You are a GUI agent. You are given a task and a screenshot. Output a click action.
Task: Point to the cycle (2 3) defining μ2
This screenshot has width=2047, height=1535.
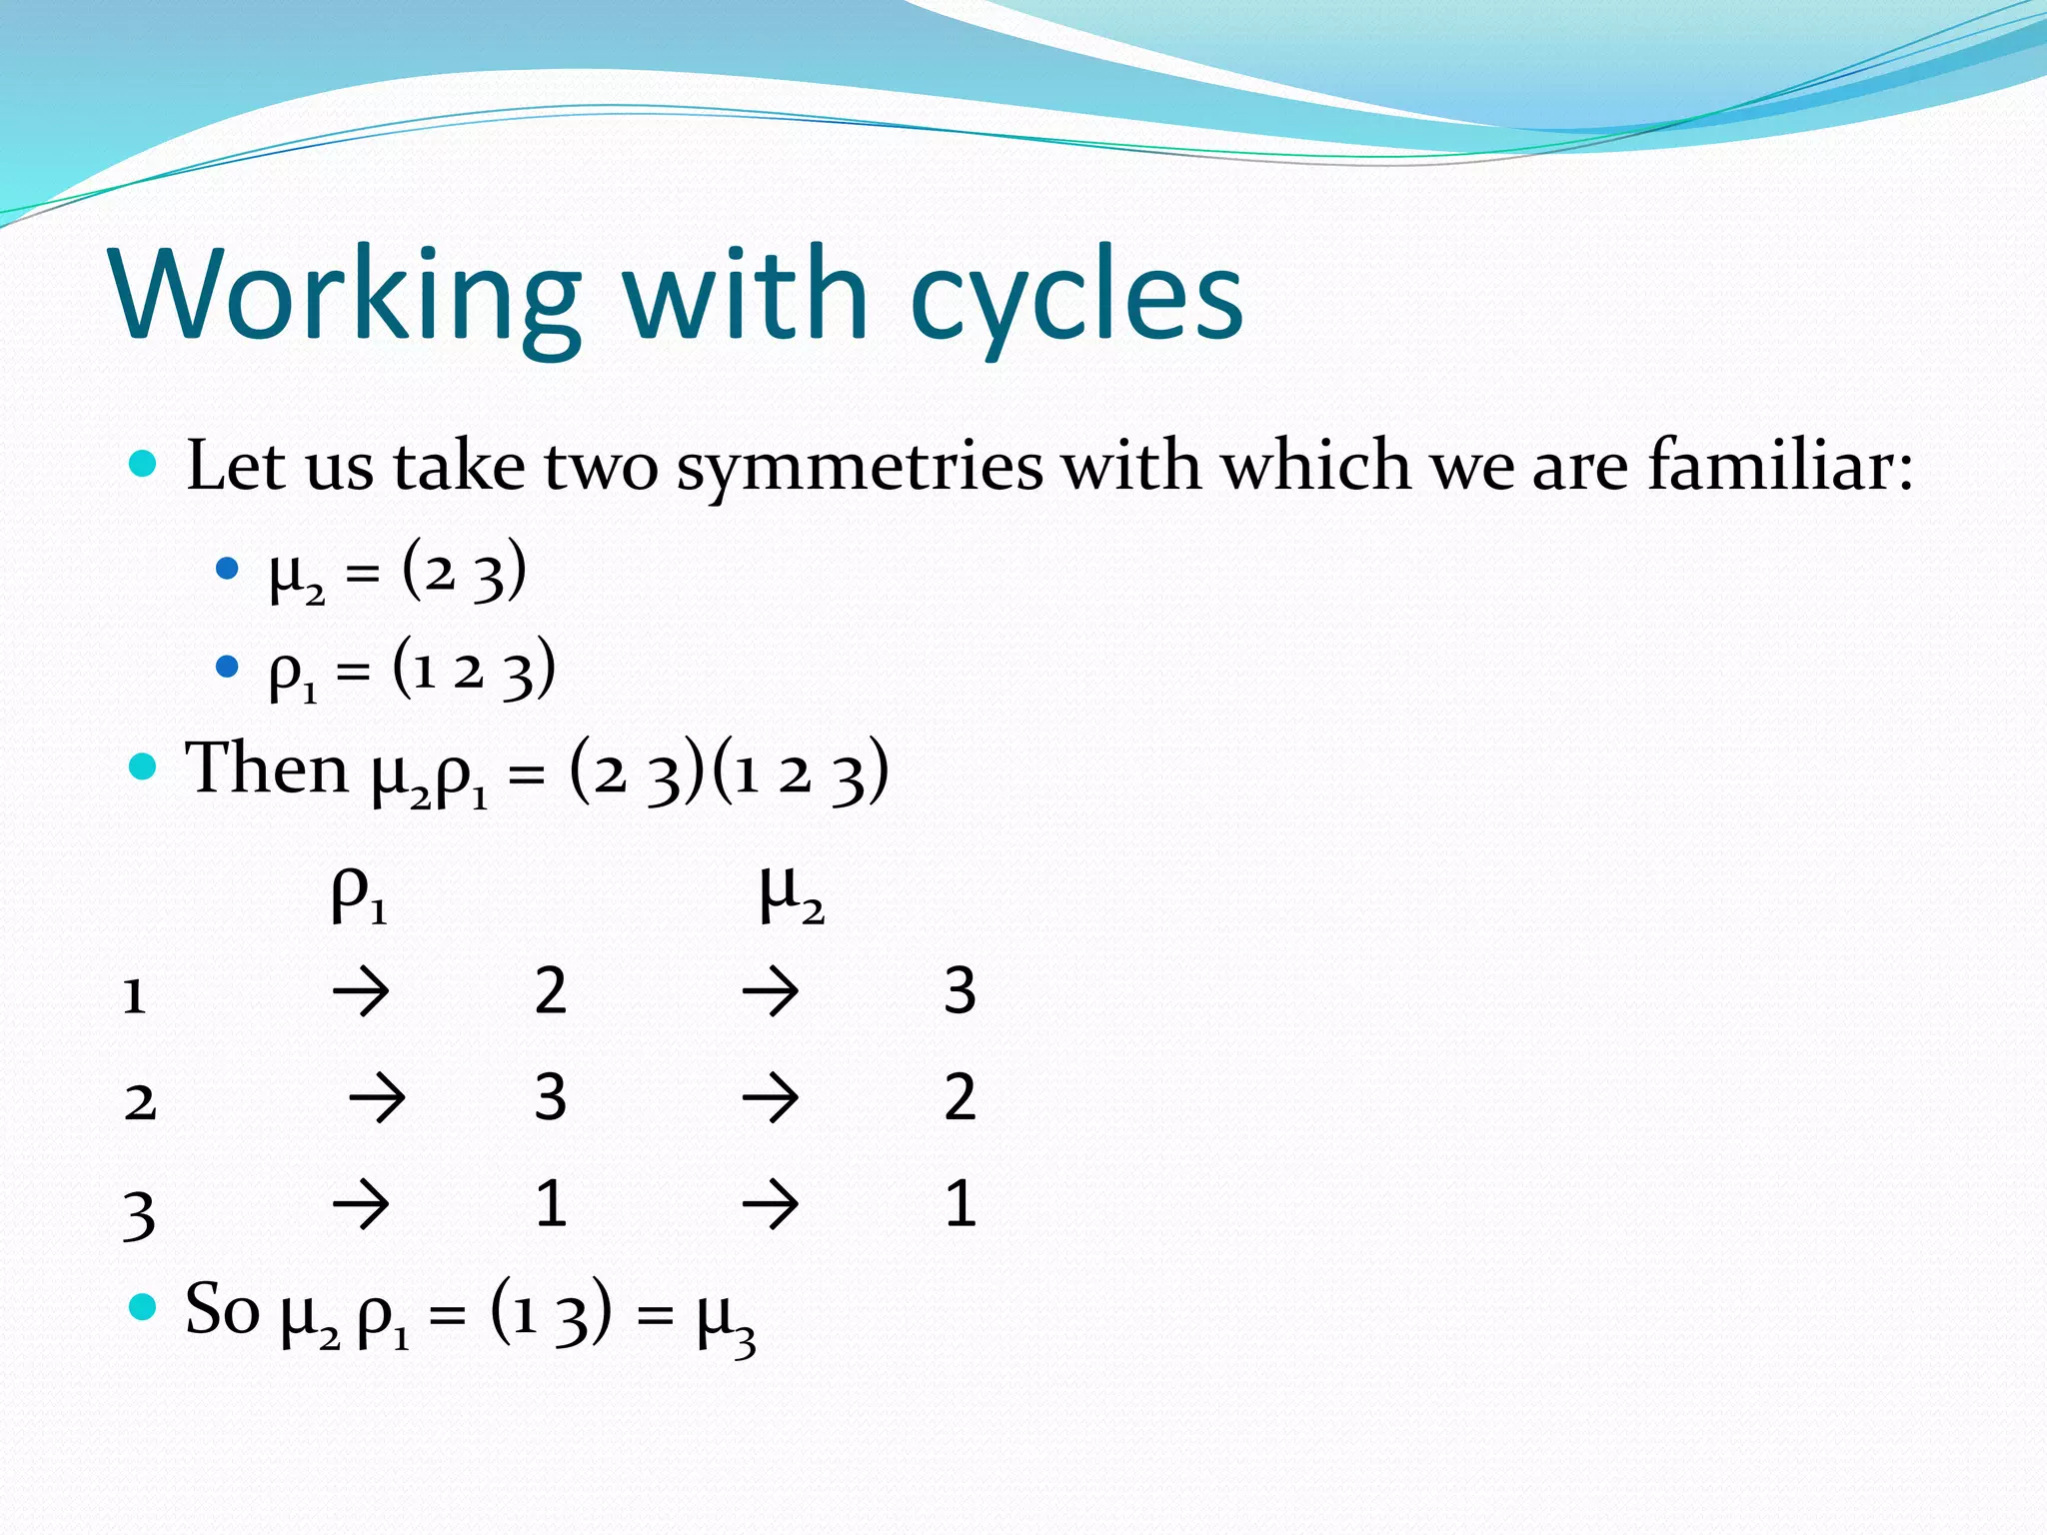tap(464, 573)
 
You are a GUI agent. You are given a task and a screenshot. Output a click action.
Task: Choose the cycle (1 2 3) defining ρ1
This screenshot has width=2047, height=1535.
tap(474, 669)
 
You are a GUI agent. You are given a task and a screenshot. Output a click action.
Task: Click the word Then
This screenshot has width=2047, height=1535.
tap(267, 768)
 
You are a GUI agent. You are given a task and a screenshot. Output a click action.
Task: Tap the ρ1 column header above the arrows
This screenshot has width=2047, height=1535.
tap(359, 892)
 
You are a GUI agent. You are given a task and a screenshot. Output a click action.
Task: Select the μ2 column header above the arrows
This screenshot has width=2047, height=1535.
tap(791, 892)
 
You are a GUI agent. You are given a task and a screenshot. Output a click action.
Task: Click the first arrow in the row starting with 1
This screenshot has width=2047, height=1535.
tap(361, 992)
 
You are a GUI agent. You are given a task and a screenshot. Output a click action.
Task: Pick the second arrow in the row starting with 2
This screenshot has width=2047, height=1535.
tap(771, 1098)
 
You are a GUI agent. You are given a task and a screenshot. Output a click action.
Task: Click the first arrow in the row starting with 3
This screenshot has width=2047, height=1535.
tap(361, 1203)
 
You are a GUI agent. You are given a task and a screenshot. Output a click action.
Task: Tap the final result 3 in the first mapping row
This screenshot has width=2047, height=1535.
tap(960, 991)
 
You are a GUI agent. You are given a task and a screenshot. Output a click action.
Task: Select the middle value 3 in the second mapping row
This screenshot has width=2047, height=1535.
tap(551, 1097)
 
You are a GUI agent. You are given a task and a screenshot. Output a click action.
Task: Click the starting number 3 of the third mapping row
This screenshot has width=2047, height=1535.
tap(139, 1213)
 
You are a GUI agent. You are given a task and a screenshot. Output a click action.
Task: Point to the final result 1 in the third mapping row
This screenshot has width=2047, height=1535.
tap(960, 1203)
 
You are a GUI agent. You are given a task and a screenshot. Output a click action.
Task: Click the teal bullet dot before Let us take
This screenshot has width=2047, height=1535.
tap(144, 464)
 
